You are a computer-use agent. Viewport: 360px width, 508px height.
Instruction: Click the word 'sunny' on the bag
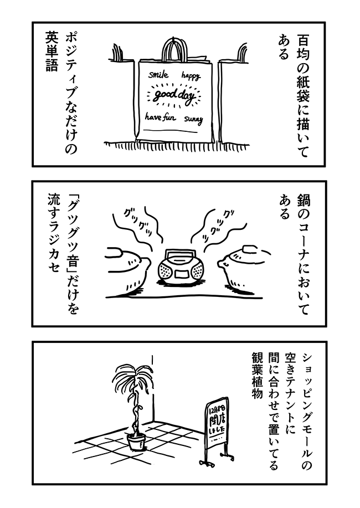click(x=194, y=119)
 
